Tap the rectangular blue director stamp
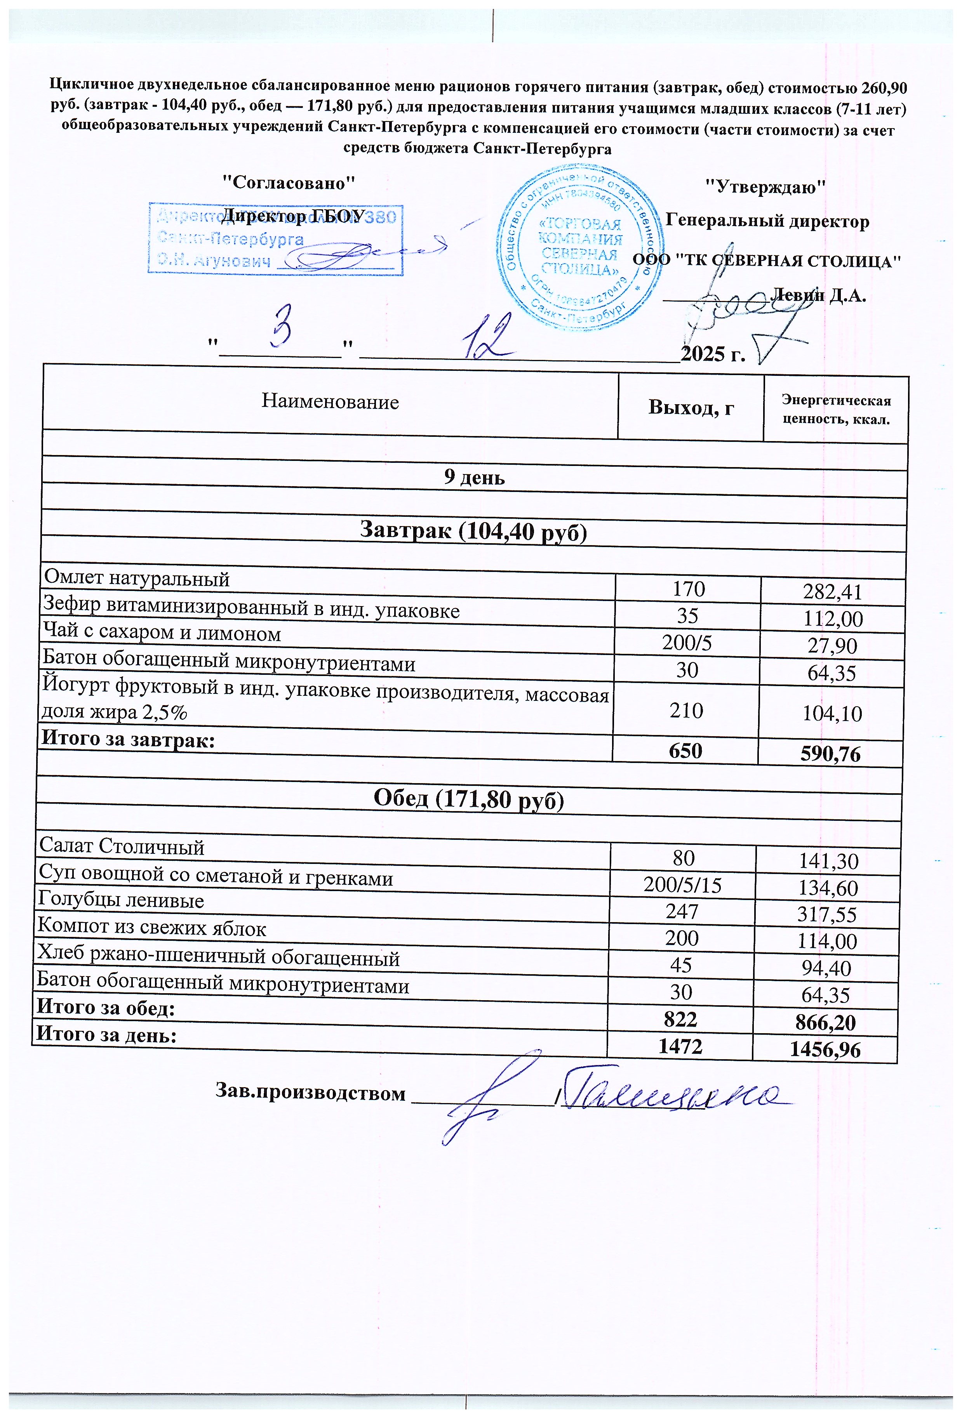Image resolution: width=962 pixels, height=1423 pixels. click(x=276, y=239)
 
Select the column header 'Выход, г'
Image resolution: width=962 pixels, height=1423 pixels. click(x=691, y=407)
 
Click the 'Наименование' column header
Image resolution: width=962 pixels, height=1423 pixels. click(x=330, y=402)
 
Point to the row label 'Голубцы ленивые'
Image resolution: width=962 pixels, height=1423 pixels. click(x=121, y=900)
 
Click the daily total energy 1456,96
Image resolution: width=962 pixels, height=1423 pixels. click(x=825, y=1050)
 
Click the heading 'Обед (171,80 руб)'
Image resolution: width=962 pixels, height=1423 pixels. click(x=468, y=800)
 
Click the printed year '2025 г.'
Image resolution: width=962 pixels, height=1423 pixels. click(x=713, y=354)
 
